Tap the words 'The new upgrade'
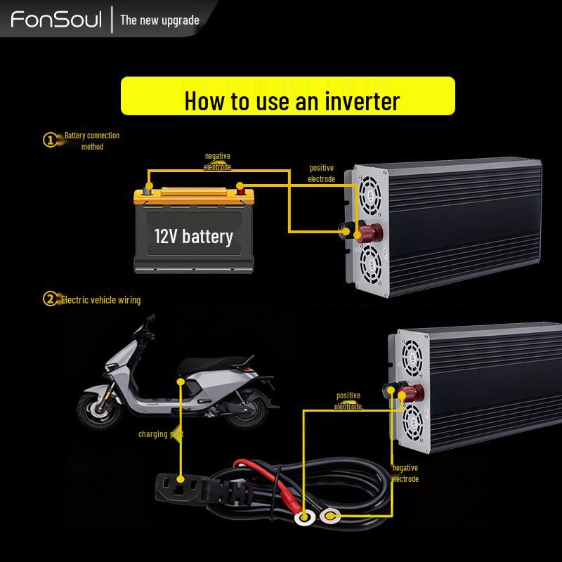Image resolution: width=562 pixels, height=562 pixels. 159,20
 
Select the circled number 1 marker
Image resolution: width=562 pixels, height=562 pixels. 51,140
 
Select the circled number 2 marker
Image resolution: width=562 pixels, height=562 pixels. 51,299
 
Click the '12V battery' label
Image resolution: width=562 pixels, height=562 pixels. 193,236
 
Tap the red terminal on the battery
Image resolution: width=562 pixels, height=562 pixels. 240,188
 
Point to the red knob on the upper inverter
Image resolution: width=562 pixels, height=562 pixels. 367,232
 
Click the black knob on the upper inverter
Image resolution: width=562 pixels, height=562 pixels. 348,229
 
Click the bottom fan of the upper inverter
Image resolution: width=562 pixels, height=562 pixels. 370,265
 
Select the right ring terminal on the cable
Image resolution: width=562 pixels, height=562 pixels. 329,518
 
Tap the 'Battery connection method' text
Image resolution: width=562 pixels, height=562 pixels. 92,140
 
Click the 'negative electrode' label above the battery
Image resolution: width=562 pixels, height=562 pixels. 217,162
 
